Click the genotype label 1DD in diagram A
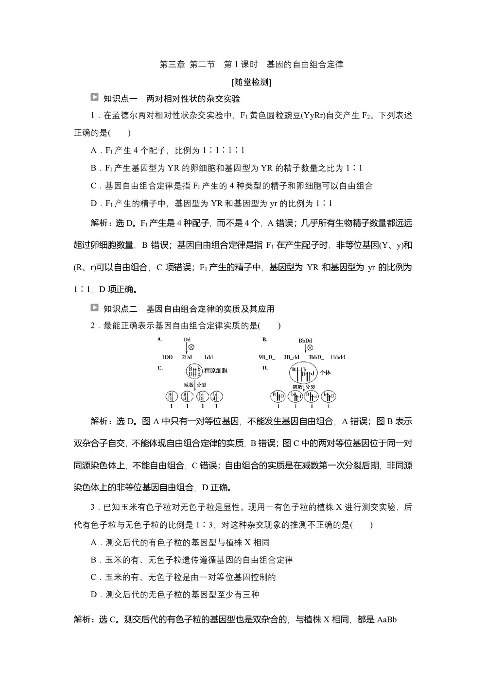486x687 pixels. [x=167, y=357]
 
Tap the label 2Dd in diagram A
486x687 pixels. [x=187, y=357]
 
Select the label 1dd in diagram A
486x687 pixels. [x=208, y=357]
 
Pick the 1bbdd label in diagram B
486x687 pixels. [x=338, y=357]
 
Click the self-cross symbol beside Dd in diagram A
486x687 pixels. [x=191, y=347]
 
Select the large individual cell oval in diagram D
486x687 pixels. [x=306, y=373]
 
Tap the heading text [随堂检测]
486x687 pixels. [x=251, y=82]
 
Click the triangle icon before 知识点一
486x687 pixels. [x=94, y=98]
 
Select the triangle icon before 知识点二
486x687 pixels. [x=94, y=308]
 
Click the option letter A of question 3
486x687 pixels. [x=94, y=542]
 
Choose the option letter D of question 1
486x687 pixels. [x=94, y=204]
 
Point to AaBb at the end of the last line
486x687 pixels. [x=387, y=619]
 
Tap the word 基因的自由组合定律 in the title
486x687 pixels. [x=305, y=64]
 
